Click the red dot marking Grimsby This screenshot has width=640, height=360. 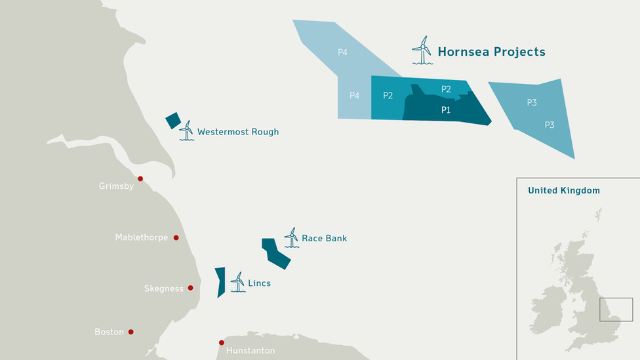pyautogui.click(x=140, y=178)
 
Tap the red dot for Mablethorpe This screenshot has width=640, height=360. pyautogui.click(x=176, y=237)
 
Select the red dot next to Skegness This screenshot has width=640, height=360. pyautogui.click(x=190, y=288)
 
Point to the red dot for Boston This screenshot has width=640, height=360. pyautogui.click(x=130, y=332)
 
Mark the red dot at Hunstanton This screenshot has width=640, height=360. pyautogui.click(x=222, y=342)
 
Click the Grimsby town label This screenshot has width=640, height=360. pyautogui.click(x=116, y=186)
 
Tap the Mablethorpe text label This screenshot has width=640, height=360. pyautogui.click(x=141, y=237)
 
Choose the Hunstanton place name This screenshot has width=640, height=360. pyautogui.click(x=250, y=351)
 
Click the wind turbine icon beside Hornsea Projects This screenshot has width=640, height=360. pyautogui.click(x=422, y=50)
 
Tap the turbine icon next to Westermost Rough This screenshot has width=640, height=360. pyautogui.click(x=187, y=130)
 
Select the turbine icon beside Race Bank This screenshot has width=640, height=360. pyautogui.click(x=291, y=237)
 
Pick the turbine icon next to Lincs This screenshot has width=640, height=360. pyautogui.click(x=237, y=282)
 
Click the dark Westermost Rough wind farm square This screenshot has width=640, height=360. pyautogui.click(x=173, y=121)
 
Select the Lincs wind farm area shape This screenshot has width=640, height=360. pyautogui.click(x=220, y=281)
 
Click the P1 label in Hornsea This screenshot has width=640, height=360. pyautogui.click(x=446, y=110)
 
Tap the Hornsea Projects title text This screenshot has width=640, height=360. pyautogui.click(x=491, y=52)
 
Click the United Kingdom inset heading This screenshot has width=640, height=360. pyautogui.click(x=564, y=191)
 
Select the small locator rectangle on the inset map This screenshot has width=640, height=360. pyautogui.click(x=616, y=310)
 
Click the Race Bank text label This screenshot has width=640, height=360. pyautogui.click(x=324, y=238)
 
